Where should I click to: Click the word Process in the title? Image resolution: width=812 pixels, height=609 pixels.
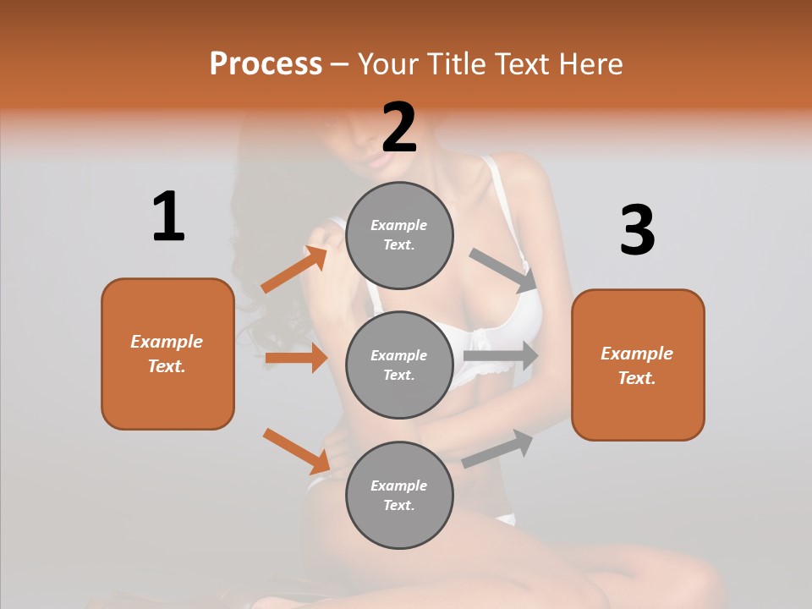coord(266,63)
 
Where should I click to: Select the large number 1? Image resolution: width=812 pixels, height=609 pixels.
coord(168,217)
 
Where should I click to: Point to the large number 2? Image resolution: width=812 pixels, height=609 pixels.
coord(399,127)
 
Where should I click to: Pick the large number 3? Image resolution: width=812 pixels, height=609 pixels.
coord(637,230)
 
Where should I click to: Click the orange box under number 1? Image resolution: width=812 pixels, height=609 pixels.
coord(167,354)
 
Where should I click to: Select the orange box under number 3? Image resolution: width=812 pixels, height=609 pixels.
coord(638,365)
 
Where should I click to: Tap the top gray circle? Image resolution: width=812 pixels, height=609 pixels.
coord(399,235)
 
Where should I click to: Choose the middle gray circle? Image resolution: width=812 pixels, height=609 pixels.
coord(399,365)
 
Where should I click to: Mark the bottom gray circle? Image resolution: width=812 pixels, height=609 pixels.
coord(399,495)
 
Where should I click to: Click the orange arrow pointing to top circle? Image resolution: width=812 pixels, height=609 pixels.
coord(294,270)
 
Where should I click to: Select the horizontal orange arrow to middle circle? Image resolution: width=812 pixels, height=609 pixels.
coord(296,358)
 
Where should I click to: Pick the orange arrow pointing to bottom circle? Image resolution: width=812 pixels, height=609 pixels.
coord(297,451)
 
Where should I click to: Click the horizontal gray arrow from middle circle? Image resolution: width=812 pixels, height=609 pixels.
coord(501,356)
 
